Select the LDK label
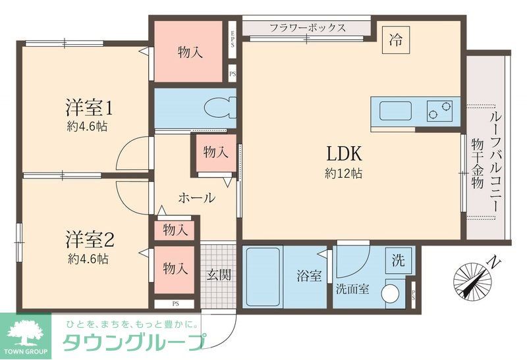343,155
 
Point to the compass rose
473,279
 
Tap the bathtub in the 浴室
263,276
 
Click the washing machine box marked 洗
399,259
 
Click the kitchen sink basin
395,111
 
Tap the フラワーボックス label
308,28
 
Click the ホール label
196,197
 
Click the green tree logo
26,330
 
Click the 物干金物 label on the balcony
478,164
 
